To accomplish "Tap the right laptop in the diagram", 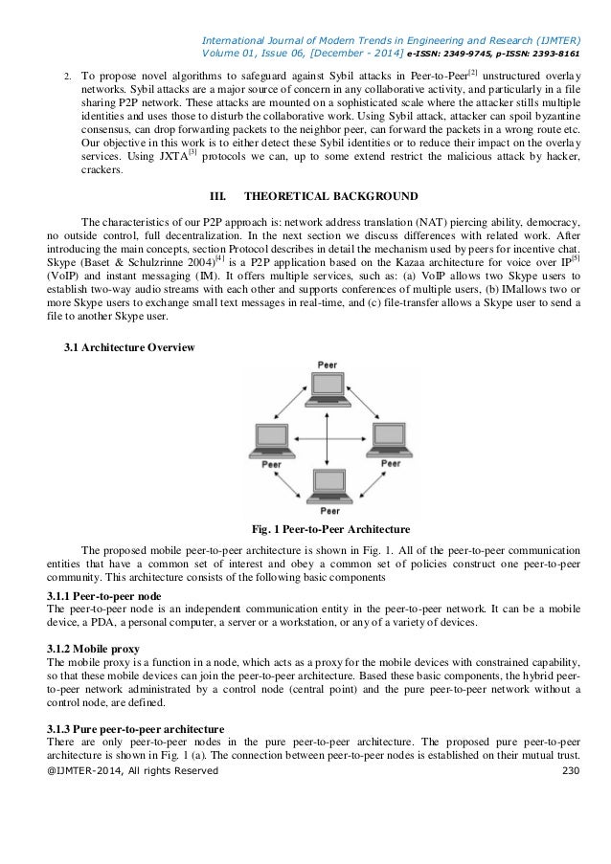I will point(388,439).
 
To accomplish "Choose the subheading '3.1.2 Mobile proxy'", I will point(93,649).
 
